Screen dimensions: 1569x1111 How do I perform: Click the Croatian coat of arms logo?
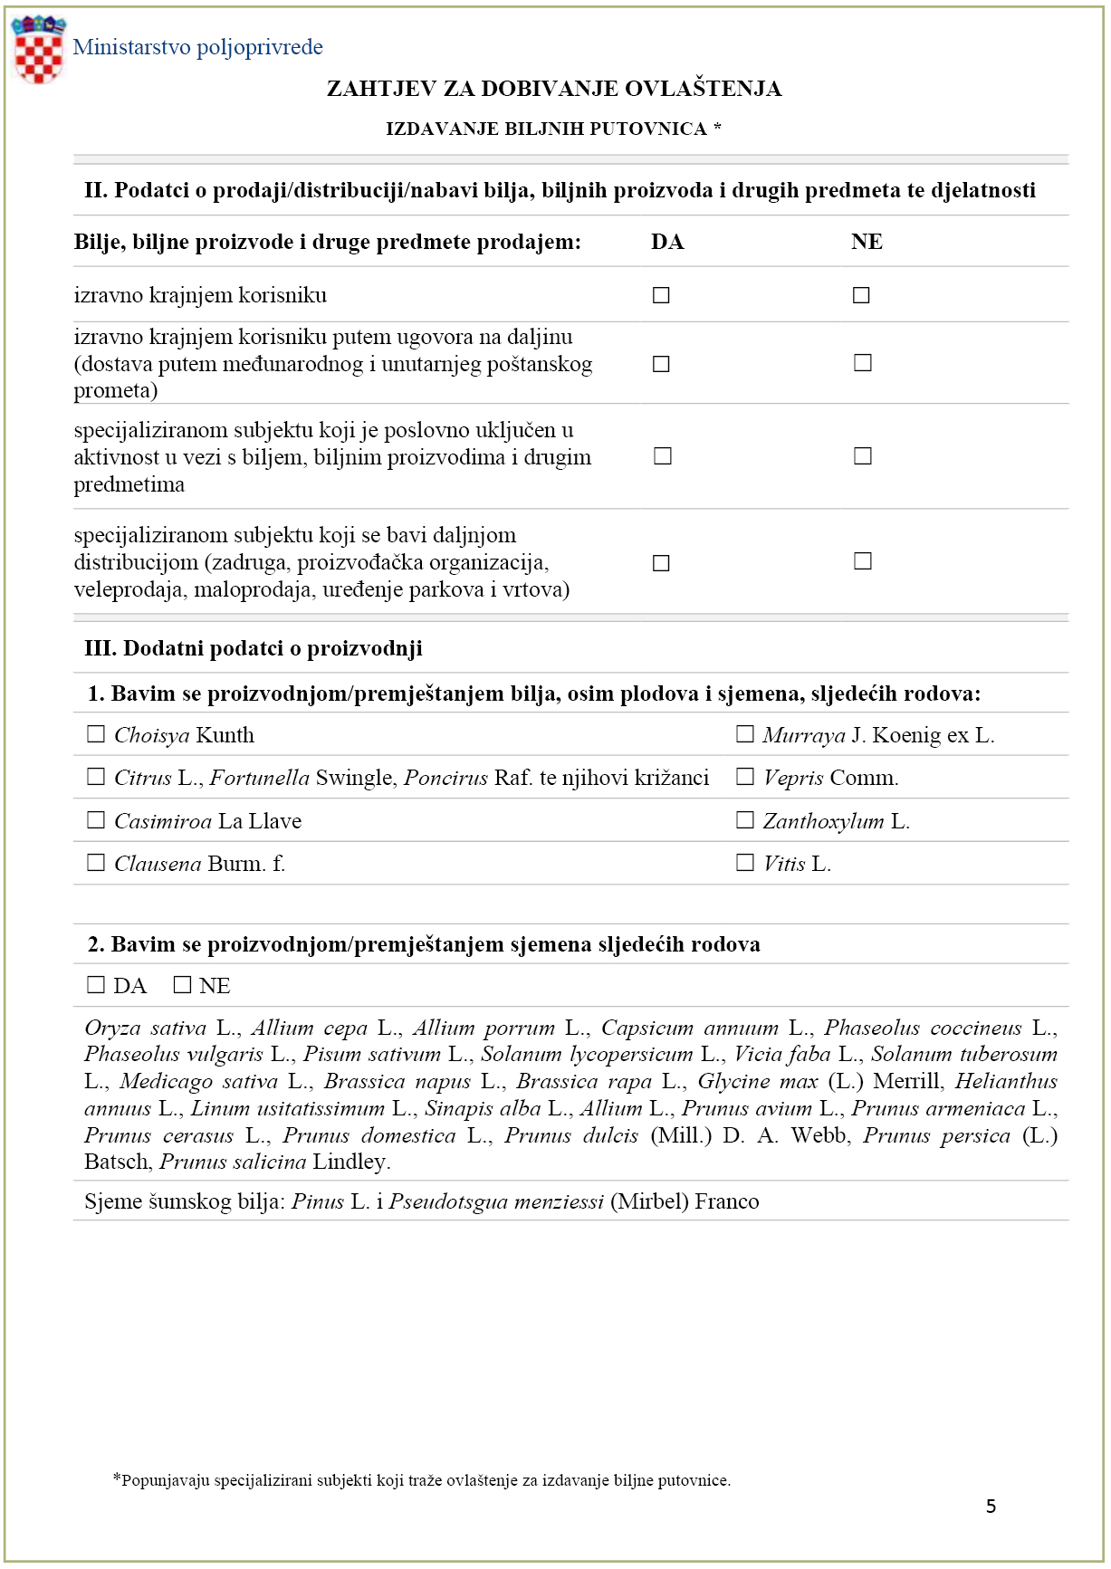tap(38, 50)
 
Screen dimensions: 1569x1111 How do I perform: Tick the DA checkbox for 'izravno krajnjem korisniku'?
tap(661, 295)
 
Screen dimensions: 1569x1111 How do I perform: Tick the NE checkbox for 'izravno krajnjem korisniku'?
tap(861, 295)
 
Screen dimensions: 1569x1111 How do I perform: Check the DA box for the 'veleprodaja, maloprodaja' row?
tap(661, 563)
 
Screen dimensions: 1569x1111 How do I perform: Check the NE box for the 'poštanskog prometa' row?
tap(863, 363)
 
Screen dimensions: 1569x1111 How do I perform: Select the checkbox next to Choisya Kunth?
tap(95, 734)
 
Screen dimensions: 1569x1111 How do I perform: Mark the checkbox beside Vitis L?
tap(744, 863)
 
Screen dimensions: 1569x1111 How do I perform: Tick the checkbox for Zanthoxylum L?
tap(744, 820)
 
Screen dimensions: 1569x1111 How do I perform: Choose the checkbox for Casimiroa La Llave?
tap(95, 820)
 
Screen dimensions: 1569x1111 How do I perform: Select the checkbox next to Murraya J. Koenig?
tap(744, 734)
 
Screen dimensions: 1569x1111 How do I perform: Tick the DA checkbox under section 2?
tap(95, 985)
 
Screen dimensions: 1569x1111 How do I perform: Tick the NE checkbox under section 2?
tap(182, 985)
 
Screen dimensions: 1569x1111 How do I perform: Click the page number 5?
tap(991, 1506)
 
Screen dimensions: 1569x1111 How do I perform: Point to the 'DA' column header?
tap(667, 242)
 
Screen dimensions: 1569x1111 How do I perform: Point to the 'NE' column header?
tap(867, 242)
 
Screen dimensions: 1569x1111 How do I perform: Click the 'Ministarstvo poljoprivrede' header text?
tap(197, 47)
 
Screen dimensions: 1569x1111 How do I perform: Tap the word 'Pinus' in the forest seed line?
tap(318, 1201)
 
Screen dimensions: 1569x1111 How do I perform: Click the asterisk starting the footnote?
tap(116, 1478)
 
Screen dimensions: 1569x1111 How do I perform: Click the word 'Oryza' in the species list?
tap(112, 1028)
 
